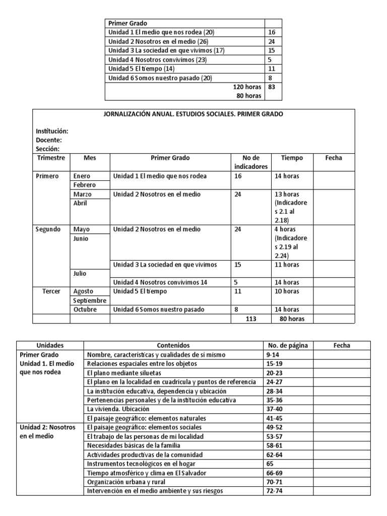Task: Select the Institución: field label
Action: click(x=52, y=131)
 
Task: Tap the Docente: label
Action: click(x=49, y=140)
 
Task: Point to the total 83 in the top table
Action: click(x=272, y=87)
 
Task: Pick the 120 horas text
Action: click(x=247, y=87)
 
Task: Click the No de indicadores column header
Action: click(x=251, y=162)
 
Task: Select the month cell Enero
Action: click(x=82, y=176)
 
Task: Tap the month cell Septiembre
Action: click(x=90, y=300)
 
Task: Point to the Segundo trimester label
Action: click(x=48, y=229)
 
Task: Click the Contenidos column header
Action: click(x=173, y=346)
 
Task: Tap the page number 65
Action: click(x=270, y=464)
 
